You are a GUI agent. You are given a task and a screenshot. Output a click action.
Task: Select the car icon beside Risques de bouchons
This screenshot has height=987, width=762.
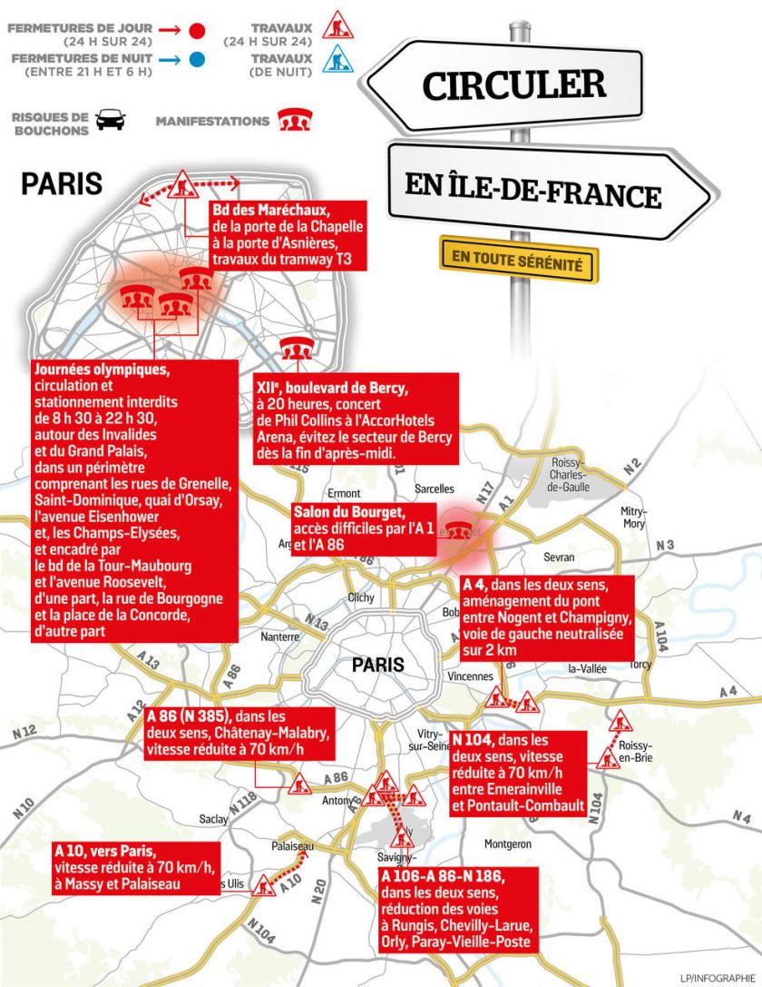coord(111,120)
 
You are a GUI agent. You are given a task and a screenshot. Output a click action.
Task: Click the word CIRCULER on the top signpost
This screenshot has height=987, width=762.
coord(514,85)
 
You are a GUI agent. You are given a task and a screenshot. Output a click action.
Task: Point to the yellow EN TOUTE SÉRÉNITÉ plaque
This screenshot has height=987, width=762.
coord(519,259)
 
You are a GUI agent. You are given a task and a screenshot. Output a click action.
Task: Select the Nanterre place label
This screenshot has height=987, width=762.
coord(279,637)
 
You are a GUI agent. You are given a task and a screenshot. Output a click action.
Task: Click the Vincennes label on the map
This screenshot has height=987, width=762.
coord(470,676)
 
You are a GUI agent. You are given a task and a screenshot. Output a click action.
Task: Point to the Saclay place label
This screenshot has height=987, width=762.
coord(214,819)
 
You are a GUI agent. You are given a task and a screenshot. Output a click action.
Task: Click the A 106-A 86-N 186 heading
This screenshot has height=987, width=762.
coord(442,877)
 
